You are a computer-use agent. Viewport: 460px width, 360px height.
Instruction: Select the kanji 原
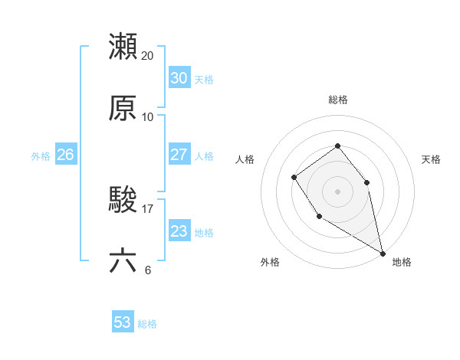(x=123, y=108)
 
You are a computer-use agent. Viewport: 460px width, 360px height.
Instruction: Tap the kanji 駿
(x=123, y=201)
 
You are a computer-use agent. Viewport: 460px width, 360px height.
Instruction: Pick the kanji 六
(x=123, y=261)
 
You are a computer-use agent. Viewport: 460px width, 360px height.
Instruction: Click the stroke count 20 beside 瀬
(x=148, y=56)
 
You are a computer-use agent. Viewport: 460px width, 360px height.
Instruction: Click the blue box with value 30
(x=179, y=78)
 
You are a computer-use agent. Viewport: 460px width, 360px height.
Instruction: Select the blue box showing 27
(x=179, y=155)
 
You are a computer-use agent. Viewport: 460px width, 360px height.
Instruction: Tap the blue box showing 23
(x=179, y=231)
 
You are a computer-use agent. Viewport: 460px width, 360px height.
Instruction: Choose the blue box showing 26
(x=65, y=155)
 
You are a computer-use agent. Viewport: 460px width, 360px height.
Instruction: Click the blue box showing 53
(x=123, y=322)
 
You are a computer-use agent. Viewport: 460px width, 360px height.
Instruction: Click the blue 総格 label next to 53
(x=147, y=324)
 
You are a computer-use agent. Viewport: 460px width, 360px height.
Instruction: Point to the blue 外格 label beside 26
(x=41, y=156)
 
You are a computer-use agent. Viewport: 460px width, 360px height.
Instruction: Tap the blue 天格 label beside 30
(x=204, y=80)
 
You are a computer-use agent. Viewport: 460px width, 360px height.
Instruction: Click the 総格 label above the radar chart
(x=337, y=100)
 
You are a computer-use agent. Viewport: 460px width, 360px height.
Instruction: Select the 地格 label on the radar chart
(x=402, y=263)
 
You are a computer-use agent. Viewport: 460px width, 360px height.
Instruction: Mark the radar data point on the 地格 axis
(x=383, y=252)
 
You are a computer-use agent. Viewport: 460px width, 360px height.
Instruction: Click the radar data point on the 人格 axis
(x=294, y=178)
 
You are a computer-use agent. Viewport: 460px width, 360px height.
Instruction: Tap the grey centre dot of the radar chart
(x=337, y=191)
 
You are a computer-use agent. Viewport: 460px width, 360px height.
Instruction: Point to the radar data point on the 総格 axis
(x=337, y=146)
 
